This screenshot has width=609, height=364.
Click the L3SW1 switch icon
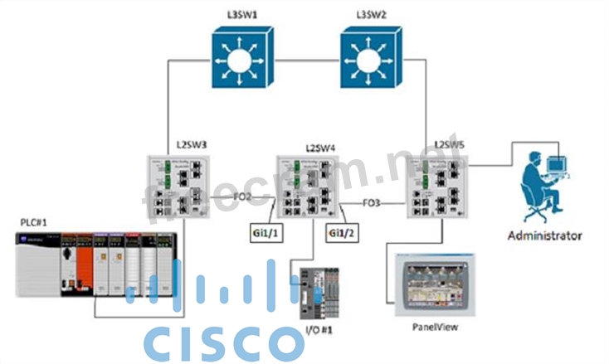tap(241, 60)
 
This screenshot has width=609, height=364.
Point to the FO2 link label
tap(243, 197)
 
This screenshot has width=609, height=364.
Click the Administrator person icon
tap(544, 182)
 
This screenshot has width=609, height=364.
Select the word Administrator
tap(544, 235)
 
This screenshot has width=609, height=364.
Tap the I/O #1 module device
tap(320, 292)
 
